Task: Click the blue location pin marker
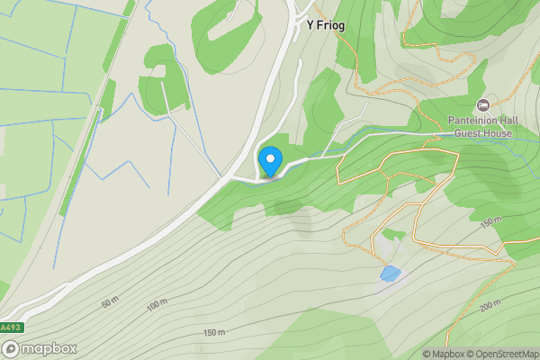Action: (270, 161)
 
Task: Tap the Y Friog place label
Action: (326, 26)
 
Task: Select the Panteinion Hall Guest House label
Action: (481, 127)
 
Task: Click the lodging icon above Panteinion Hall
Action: (482, 105)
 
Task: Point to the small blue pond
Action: (390, 274)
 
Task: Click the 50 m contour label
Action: (111, 303)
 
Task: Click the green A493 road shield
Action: (9, 328)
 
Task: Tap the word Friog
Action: (331, 26)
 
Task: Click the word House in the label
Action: (497, 133)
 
